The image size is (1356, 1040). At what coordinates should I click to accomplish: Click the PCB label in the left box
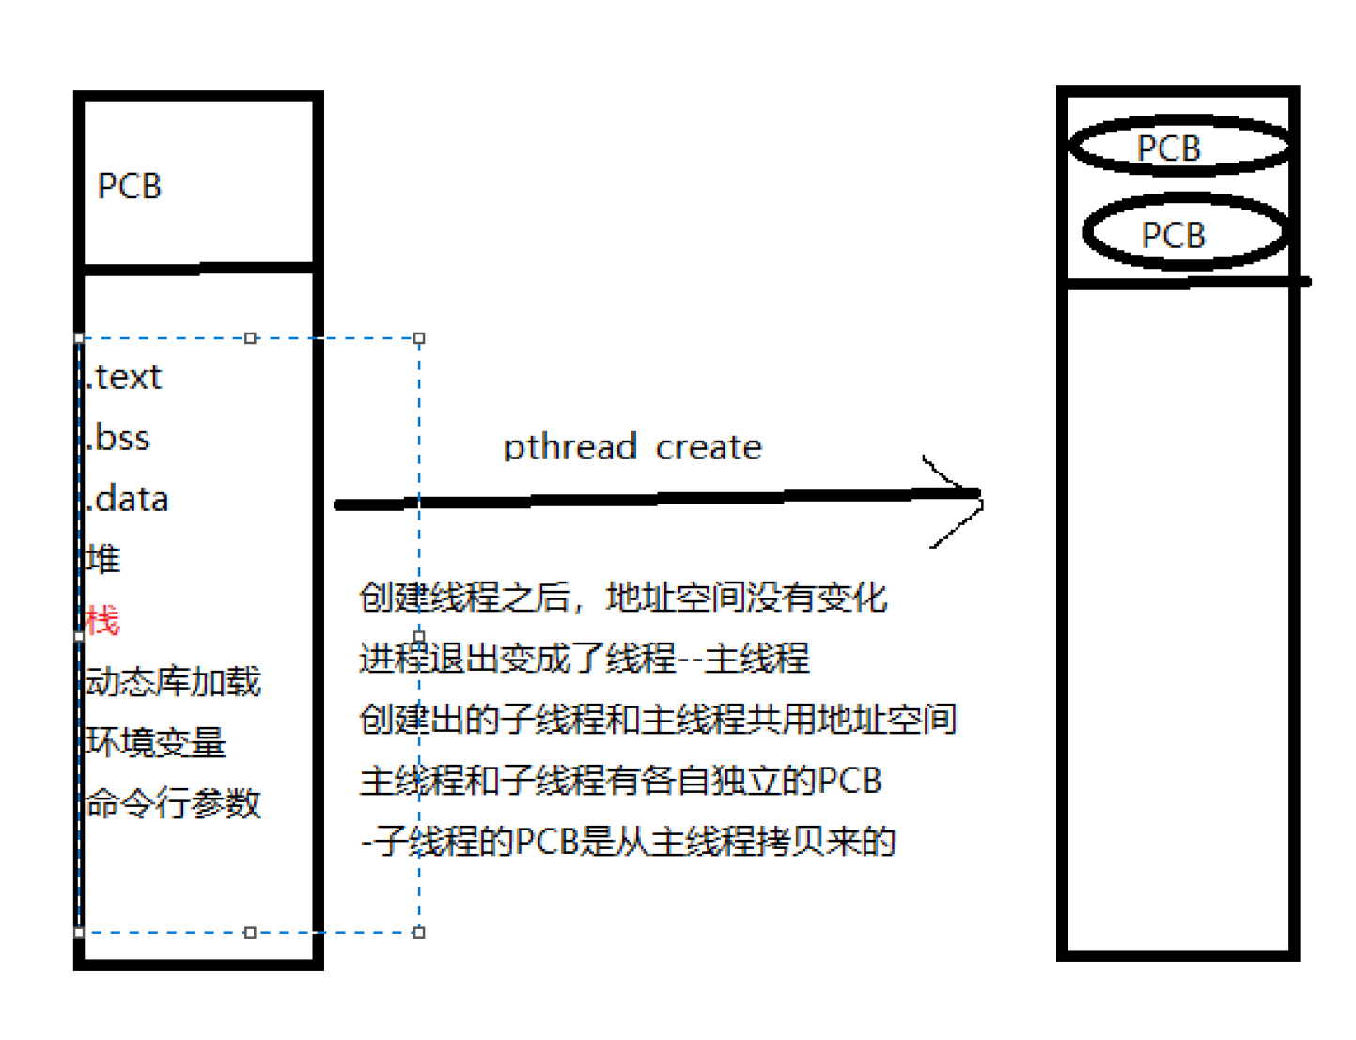click(130, 186)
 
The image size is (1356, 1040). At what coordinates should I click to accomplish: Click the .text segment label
click(124, 377)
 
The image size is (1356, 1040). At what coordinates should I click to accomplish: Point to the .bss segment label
click(118, 438)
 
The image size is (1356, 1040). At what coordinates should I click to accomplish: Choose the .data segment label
click(128, 499)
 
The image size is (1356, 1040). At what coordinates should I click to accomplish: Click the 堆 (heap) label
click(102, 559)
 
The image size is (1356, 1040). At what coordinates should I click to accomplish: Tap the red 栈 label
click(102, 620)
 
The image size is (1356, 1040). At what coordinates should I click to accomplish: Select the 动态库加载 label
click(173, 681)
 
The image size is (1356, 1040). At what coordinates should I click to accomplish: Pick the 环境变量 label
click(156, 742)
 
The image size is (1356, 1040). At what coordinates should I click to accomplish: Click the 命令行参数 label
click(173, 803)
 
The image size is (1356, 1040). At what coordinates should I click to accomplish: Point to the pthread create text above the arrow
click(632, 447)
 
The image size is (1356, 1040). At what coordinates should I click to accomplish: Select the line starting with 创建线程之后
click(623, 598)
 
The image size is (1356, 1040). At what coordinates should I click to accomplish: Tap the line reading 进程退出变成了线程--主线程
click(584, 658)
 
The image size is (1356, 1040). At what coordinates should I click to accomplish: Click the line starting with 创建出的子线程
click(658, 720)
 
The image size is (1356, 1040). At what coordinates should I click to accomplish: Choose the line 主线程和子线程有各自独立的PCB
click(620, 781)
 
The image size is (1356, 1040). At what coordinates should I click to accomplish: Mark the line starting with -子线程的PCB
click(628, 842)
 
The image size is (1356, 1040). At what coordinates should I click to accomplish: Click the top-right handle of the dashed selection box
click(419, 338)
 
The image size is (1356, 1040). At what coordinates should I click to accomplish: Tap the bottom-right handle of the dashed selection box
click(419, 932)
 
